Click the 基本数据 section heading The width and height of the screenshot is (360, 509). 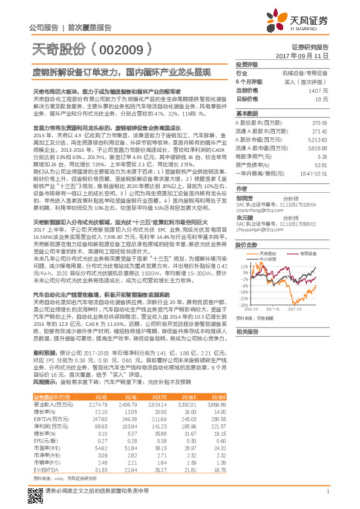[x=247, y=113]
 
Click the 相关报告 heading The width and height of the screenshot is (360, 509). [x=247, y=332]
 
